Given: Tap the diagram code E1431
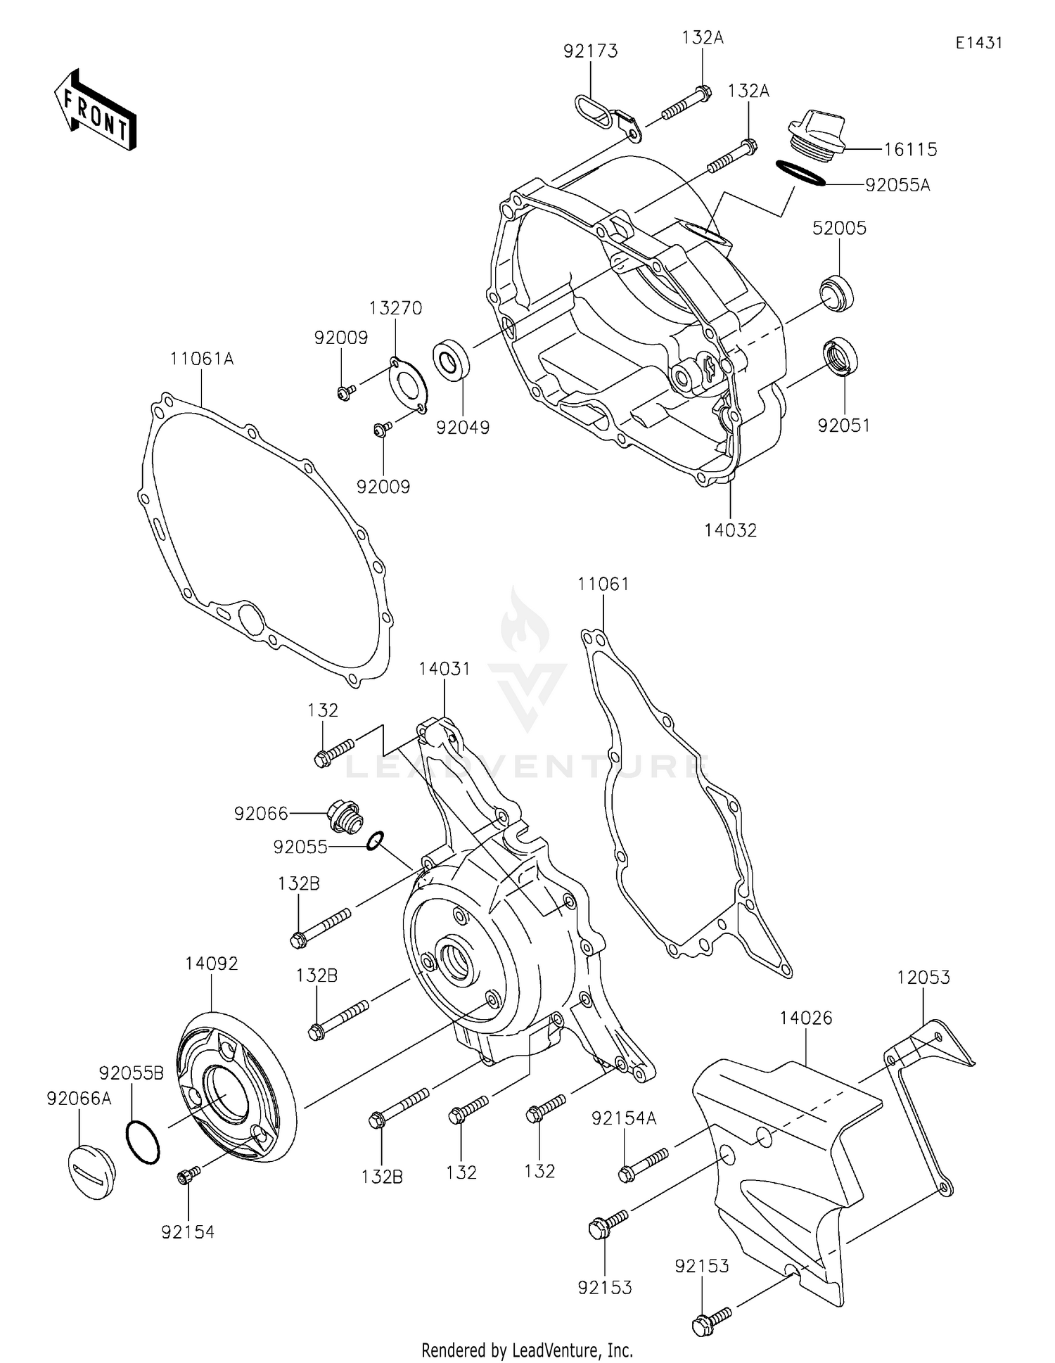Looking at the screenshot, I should (978, 43).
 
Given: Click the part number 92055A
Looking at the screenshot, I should (897, 185).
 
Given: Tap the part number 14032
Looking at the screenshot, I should (730, 530).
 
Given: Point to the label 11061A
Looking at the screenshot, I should (202, 359).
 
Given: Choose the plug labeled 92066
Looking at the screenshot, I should (345, 817).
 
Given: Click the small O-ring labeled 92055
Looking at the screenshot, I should (376, 840).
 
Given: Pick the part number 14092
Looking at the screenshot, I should (212, 964).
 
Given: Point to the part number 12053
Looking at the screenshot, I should (923, 977).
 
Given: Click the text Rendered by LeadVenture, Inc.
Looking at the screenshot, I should (527, 1350).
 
